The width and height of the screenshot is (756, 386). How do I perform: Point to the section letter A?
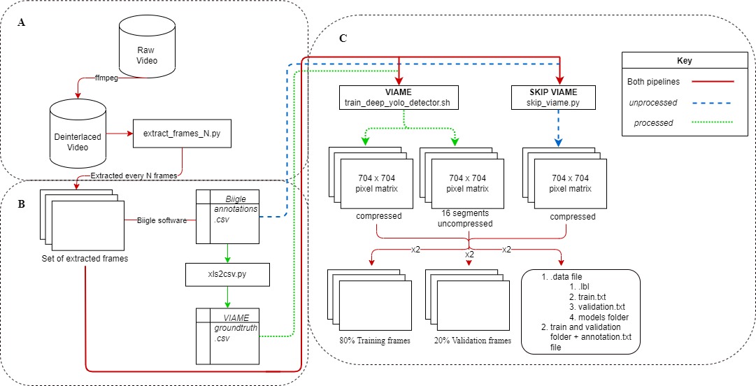22,22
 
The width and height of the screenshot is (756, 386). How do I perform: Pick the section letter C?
343,39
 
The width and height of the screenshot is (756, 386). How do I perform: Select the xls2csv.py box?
227,274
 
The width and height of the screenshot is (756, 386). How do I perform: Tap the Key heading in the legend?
684,61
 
